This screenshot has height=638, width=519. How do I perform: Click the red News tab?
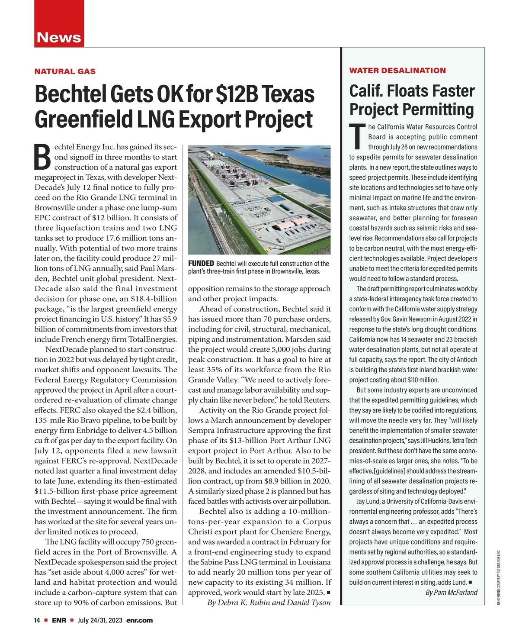(59, 37)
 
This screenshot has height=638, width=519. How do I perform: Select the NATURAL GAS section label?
(65, 71)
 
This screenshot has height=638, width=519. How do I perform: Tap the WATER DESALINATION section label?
(397, 71)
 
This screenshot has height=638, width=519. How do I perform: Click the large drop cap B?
(43, 157)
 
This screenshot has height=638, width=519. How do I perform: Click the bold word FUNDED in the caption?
(201, 263)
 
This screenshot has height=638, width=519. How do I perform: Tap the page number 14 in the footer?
(37, 620)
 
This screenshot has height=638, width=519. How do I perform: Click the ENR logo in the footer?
(59, 620)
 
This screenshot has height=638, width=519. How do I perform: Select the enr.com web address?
(139, 620)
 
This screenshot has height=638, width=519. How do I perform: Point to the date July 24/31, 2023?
(99, 620)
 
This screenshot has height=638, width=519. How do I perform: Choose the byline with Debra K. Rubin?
(269, 603)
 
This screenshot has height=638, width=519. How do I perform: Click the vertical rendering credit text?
(498, 577)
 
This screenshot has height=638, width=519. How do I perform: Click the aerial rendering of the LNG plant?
(259, 200)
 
